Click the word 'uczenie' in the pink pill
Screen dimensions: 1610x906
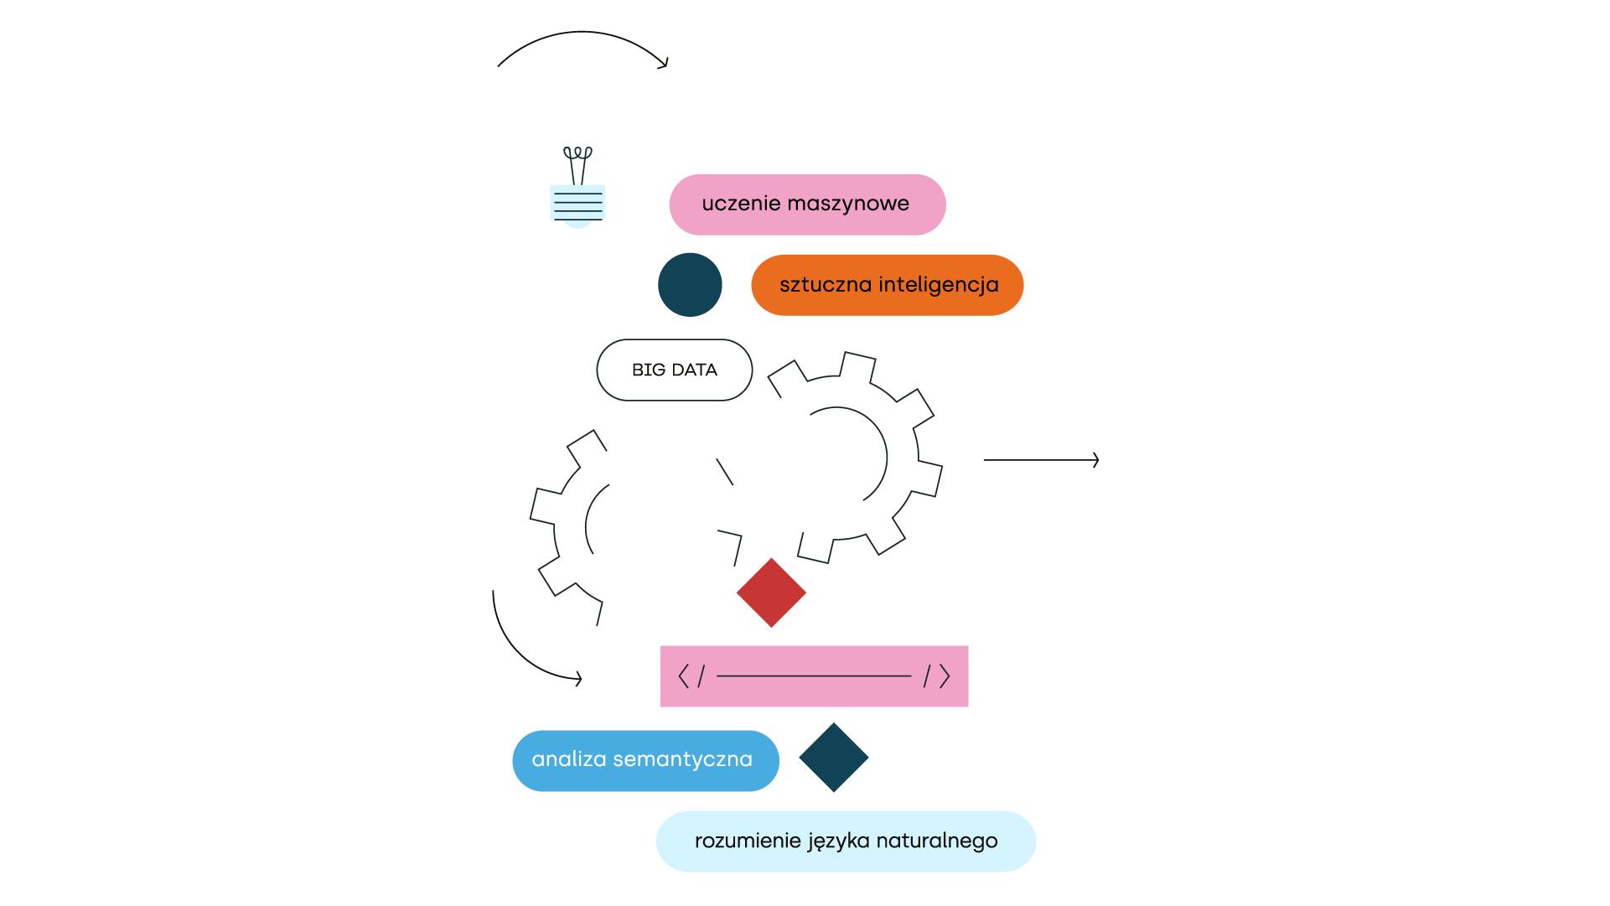point(741,204)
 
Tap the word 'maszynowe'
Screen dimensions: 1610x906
point(848,204)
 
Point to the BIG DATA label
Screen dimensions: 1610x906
point(675,370)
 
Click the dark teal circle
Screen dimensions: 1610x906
point(690,285)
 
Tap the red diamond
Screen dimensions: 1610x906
point(771,593)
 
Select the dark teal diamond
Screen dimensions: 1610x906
point(834,758)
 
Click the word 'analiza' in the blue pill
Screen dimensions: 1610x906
point(569,759)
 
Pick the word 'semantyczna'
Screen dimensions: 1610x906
point(683,760)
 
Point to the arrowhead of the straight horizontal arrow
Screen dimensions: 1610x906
point(1096,460)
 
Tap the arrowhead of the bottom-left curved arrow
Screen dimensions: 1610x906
point(578,679)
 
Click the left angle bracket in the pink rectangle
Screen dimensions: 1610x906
point(683,676)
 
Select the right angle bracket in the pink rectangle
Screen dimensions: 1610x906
point(945,676)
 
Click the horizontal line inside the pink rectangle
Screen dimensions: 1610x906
point(814,676)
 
